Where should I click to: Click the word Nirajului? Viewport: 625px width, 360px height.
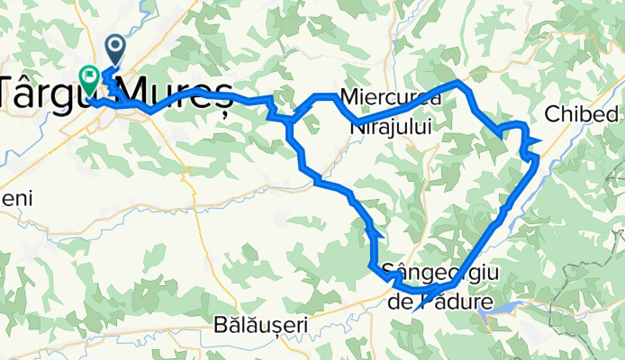click(x=389, y=127)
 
